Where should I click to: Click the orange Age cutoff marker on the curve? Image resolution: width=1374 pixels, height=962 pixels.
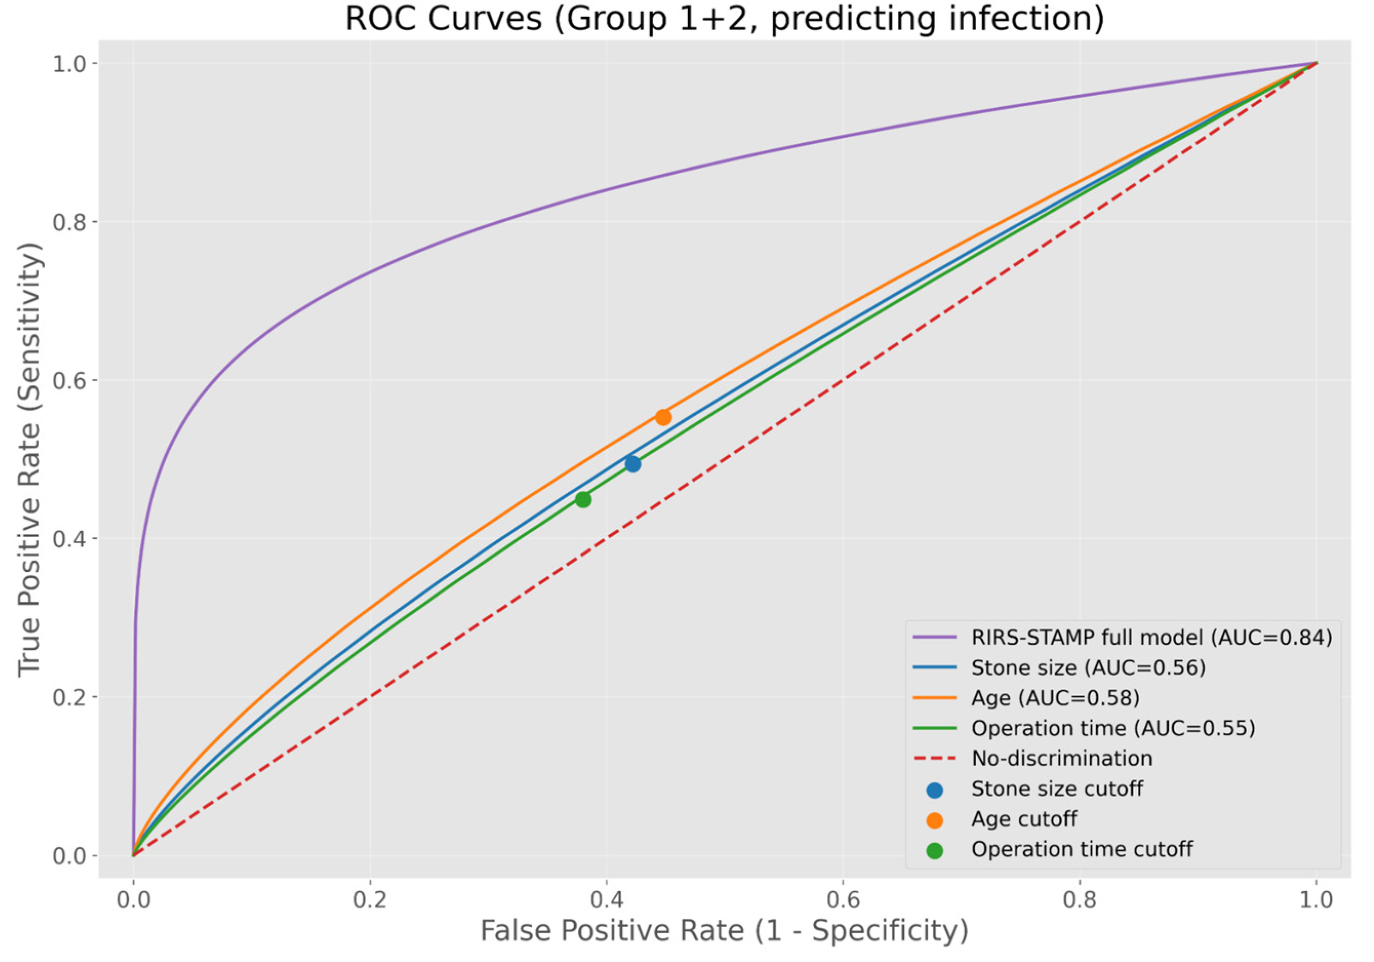click(662, 417)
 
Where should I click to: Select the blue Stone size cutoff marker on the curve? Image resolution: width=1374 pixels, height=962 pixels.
click(633, 464)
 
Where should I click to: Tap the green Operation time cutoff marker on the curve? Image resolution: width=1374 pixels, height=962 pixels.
click(583, 500)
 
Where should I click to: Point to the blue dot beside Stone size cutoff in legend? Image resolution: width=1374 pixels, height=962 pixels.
click(934, 790)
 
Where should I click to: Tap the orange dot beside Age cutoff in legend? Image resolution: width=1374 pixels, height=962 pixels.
click(934, 820)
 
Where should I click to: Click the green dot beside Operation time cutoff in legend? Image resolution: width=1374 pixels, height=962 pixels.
click(934, 851)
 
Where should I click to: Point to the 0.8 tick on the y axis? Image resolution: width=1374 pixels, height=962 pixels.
click(69, 222)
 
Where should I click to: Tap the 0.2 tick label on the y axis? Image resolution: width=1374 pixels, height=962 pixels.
click(69, 697)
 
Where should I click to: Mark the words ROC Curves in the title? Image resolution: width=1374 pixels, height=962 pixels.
click(443, 19)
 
